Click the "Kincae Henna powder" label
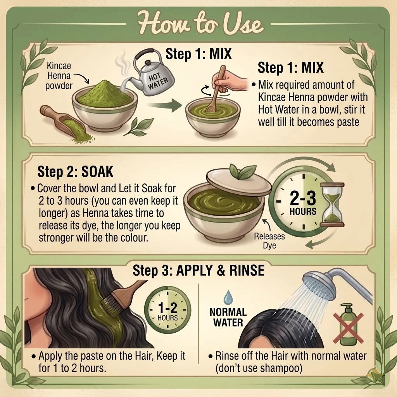[x=59, y=76]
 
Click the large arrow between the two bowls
[x=164, y=105]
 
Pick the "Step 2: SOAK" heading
[x=75, y=172]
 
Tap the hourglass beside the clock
[x=332, y=205]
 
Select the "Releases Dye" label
[x=269, y=241]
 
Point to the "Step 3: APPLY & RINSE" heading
[x=198, y=270]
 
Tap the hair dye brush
[x=121, y=298]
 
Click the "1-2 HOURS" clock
[x=167, y=310]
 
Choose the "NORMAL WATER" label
[x=228, y=317]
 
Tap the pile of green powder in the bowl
[x=105, y=94]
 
